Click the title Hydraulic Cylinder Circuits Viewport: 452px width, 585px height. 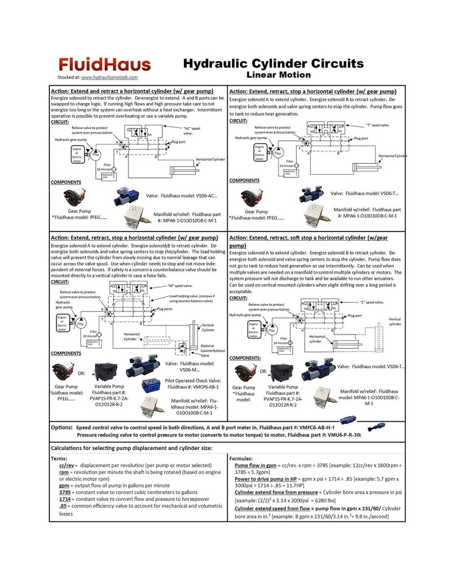point(273,63)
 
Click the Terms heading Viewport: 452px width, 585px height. point(60,458)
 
